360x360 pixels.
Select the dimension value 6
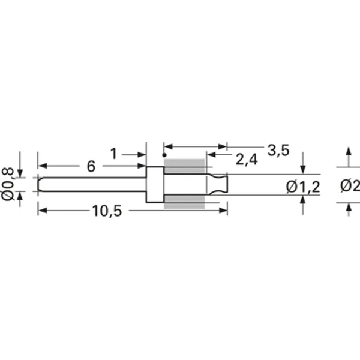tap(91, 167)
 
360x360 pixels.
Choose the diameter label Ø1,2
tap(303, 187)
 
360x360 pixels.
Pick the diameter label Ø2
tap(349, 186)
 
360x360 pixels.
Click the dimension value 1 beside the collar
tap(113, 154)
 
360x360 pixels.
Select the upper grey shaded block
tap(184, 166)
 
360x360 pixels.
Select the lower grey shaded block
tap(184, 202)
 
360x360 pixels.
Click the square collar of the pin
tap(155, 185)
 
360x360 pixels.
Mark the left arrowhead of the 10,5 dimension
tap(41, 211)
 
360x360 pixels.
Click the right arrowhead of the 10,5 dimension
tap(223, 211)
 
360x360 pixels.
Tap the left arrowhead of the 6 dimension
tap(41, 166)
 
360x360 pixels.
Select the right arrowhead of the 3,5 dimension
tap(223, 146)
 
